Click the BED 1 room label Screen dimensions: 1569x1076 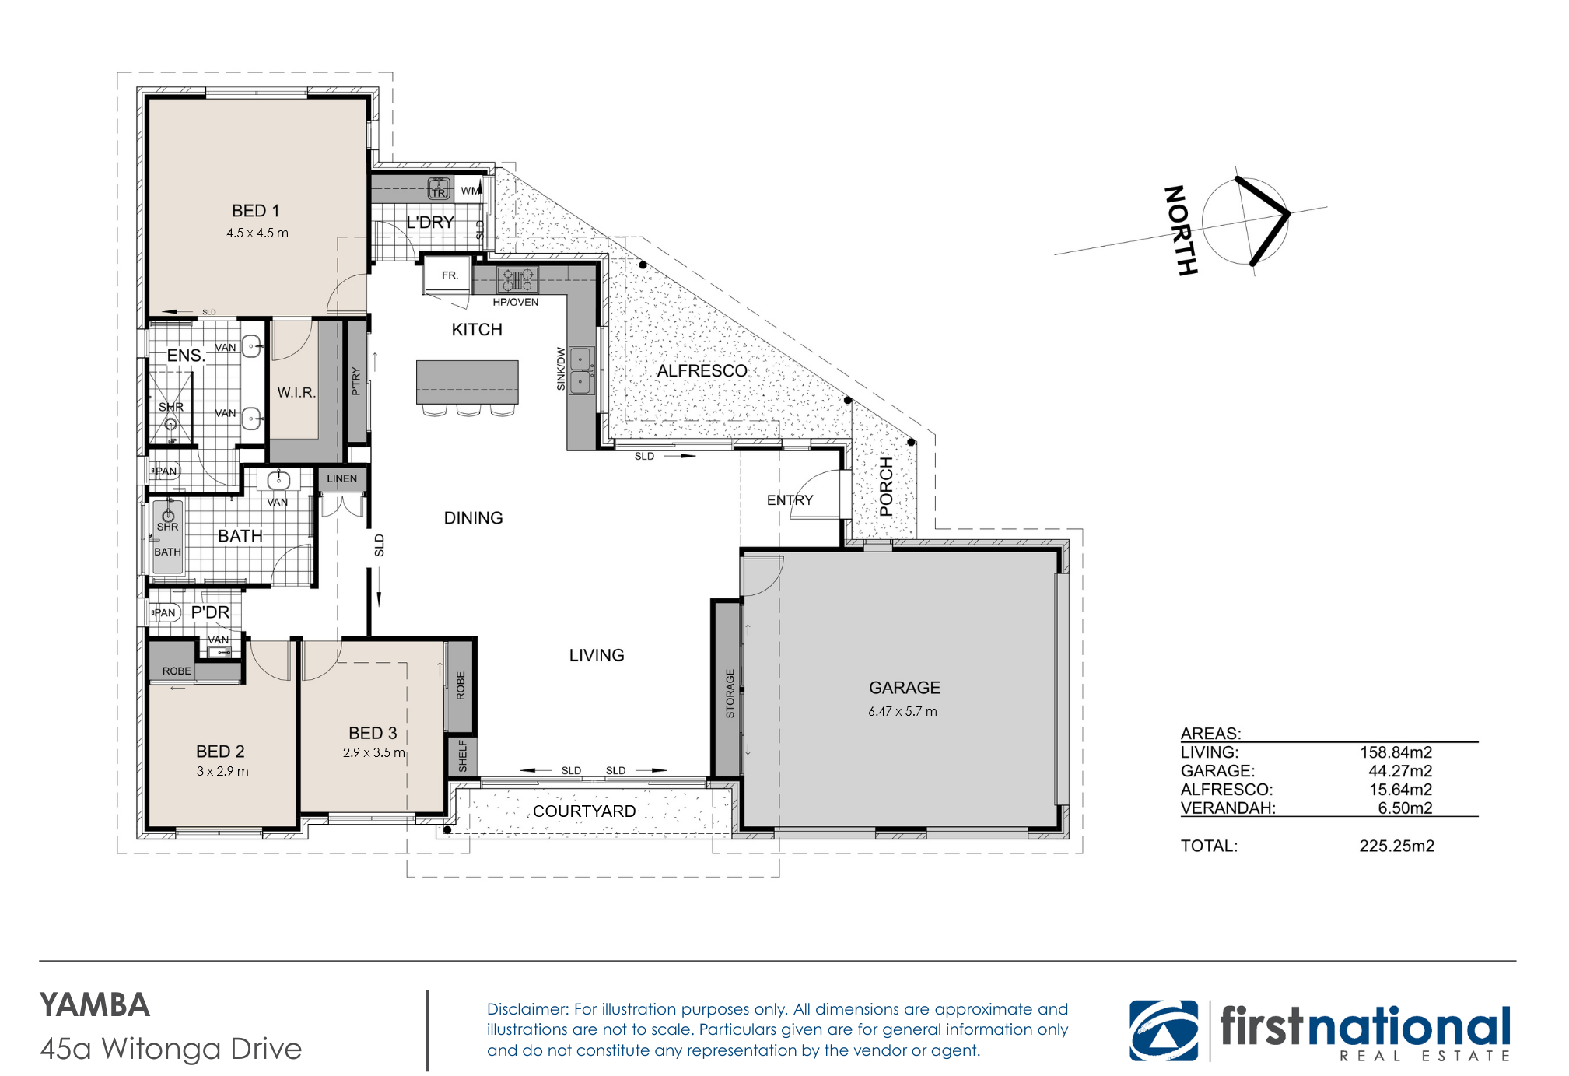point(255,211)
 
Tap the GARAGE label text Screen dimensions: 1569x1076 point(905,688)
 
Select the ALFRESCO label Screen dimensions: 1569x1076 point(702,371)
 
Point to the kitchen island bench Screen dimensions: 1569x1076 point(467,382)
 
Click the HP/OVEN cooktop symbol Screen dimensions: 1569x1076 point(517,279)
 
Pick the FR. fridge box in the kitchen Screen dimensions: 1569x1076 point(449,275)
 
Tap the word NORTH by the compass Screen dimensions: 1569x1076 point(1180,230)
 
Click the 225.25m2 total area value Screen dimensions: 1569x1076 point(1396,846)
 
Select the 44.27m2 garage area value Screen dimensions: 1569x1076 point(1400,771)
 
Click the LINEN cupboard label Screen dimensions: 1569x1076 point(342,478)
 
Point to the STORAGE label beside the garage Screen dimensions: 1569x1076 point(730,693)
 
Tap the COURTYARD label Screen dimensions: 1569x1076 point(584,811)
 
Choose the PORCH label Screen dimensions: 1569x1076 point(886,487)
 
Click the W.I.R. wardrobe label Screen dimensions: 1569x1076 point(296,393)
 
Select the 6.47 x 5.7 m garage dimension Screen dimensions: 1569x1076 point(902,711)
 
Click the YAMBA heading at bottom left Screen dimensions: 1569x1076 point(95,1005)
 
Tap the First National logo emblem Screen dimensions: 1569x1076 point(1164,1031)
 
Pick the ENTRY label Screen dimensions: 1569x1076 point(790,500)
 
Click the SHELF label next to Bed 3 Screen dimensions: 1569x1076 point(463,756)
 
